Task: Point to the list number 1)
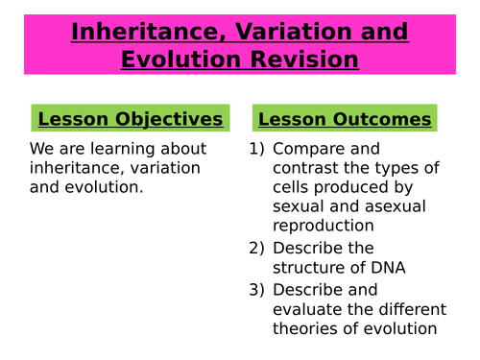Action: click(x=256, y=149)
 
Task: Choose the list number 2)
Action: click(x=256, y=248)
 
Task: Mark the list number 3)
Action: click(x=256, y=289)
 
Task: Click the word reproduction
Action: click(x=324, y=227)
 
